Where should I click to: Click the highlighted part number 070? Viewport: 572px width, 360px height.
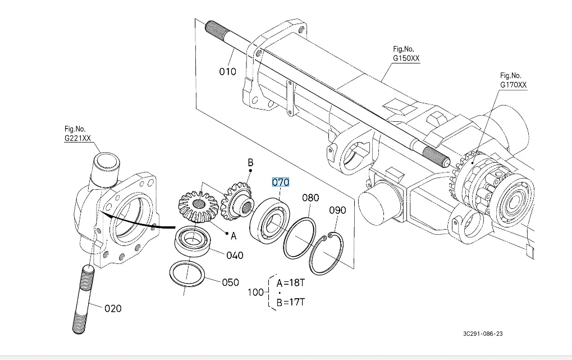click(x=281, y=182)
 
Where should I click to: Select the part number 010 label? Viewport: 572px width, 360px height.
click(x=227, y=71)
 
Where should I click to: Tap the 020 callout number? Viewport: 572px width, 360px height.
click(x=113, y=308)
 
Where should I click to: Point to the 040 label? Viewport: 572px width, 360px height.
click(x=235, y=255)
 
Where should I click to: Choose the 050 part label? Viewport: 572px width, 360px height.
click(x=230, y=282)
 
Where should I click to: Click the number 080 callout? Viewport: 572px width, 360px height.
click(x=310, y=198)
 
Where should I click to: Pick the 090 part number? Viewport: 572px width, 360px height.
click(x=337, y=210)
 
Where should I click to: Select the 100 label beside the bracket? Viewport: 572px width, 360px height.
click(x=255, y=293)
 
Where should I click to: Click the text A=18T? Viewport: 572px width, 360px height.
click(x=290, y=283)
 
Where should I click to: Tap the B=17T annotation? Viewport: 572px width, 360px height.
click(x=290, y=302)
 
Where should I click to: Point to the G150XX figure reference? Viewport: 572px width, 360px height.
click(x=406, y=58)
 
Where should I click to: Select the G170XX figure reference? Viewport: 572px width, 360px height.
click(x=513, y=85)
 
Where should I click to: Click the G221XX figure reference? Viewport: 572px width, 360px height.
click(x=77, y=138)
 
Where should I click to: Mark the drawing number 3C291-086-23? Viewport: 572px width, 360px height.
click(x=483, y=334)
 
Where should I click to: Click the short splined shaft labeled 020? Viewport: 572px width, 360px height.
click(x=83, y=299)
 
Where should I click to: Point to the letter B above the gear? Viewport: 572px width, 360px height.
click(x=250, y=162)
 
